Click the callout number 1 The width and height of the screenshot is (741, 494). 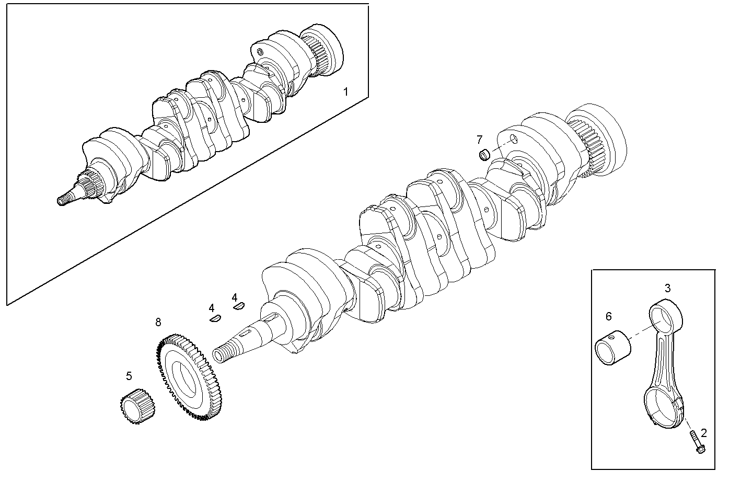[345, 92]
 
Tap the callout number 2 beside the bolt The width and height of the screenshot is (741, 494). [703, 432]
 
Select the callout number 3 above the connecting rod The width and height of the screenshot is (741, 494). [667, 288]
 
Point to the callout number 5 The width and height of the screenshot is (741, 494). [129, 375]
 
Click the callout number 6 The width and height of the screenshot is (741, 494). [608, 316]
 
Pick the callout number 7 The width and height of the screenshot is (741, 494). [479, 139]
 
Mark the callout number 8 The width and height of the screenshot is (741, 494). [158, 322]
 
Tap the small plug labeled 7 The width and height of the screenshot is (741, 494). [484, 155]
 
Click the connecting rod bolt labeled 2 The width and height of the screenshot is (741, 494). [697, 442]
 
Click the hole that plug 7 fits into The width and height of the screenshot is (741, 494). [513, 139]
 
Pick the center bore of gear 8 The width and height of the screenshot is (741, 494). [186, 377]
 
